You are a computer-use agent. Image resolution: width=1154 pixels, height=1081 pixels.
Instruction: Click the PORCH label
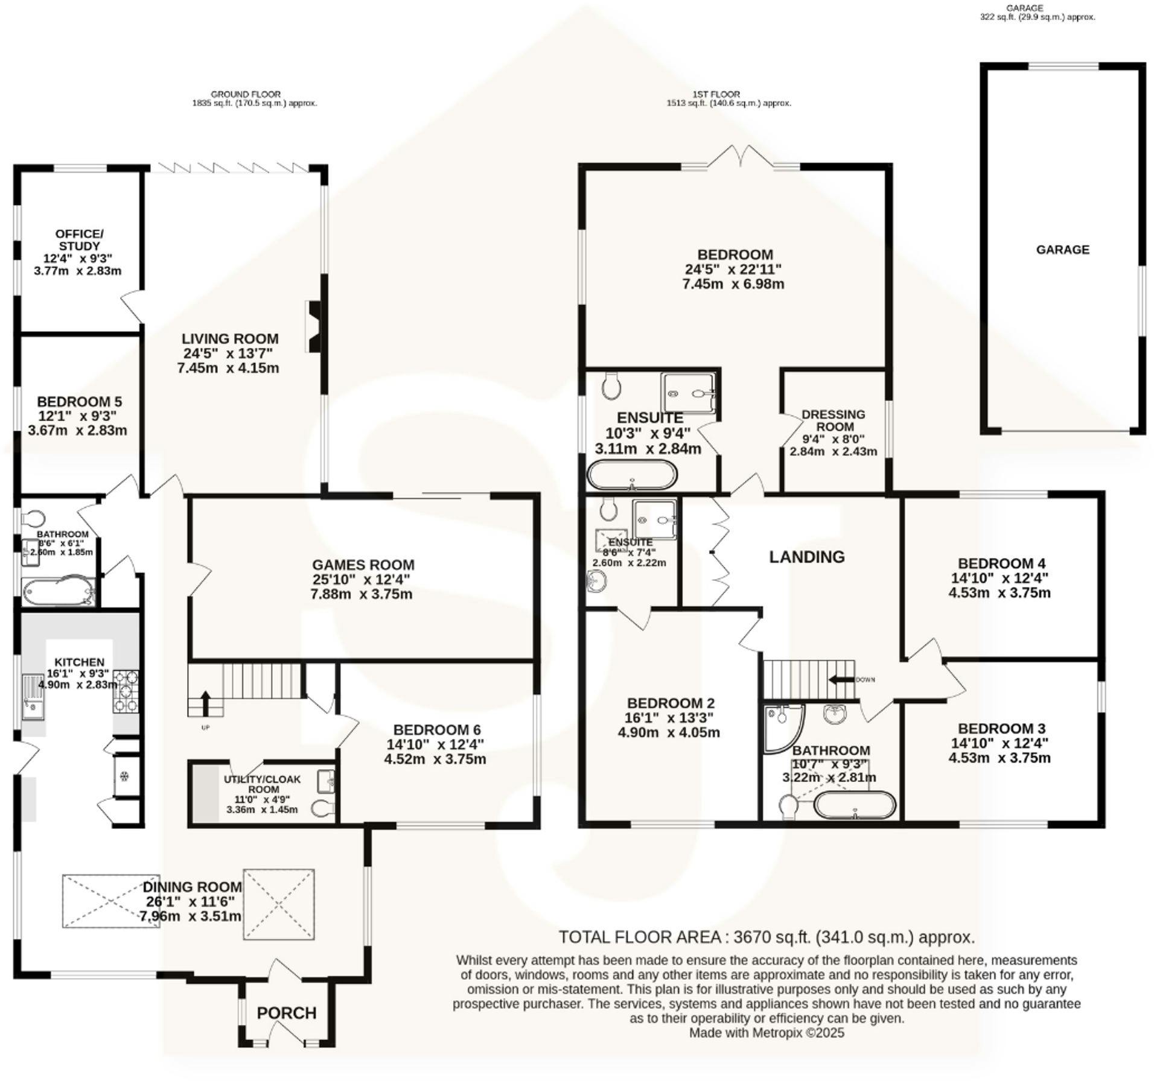point(287,1013)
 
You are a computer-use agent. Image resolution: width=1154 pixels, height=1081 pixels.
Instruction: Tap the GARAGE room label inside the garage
point(1063,250)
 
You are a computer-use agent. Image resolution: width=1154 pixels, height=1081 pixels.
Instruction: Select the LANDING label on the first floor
point(806,557)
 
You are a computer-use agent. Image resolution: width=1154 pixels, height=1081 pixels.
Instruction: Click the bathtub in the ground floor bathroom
point(59,592)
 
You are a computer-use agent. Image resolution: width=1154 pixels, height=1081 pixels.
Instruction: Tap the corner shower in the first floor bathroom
point(783,729)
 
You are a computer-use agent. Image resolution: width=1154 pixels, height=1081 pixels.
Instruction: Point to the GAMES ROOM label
point(363,565)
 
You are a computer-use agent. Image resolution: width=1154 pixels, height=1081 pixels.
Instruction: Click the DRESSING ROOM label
point(833,420)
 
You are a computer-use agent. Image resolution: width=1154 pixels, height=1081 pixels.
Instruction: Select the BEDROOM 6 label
point(437,730)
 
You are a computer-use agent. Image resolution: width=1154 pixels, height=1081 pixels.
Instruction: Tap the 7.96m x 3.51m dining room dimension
point(191,916)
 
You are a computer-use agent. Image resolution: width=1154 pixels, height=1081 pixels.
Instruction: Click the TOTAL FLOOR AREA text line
point(767,937)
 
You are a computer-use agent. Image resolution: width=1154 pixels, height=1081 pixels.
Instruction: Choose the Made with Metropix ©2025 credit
point(767,1033)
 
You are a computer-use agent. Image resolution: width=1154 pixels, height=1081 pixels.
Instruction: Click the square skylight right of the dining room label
point(279,904)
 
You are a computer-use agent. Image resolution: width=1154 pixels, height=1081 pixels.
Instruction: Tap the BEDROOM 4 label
point(1001,563)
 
